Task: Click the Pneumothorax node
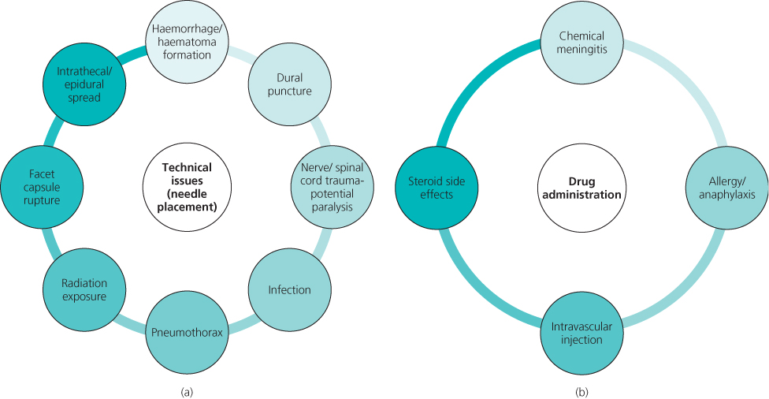click(188, 330)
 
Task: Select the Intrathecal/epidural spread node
click(79, 84)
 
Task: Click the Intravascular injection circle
click(581, 332)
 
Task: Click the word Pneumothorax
click(188, 331)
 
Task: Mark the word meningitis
click(581, 51)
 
